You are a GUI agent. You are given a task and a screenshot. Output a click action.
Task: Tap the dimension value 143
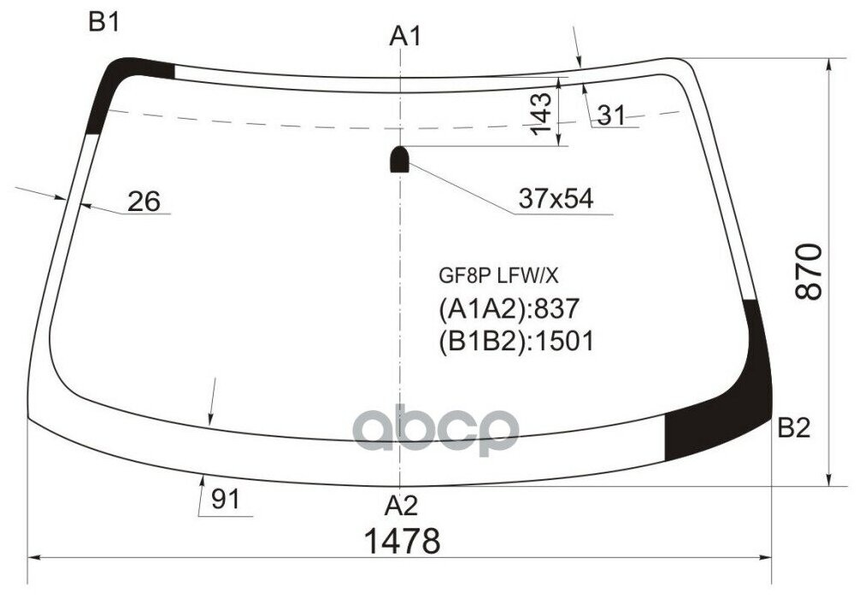tap(539, 113)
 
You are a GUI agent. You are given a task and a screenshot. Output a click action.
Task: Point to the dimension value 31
tap(611, 115)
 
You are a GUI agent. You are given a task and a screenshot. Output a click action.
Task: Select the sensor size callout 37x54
tap(555, 199)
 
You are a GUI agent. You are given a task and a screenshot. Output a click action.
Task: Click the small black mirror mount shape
tap(399, 159)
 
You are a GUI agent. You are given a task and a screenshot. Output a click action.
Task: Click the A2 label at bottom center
tap(401, 506)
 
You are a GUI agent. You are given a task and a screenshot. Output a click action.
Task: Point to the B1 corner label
tap(103, 23)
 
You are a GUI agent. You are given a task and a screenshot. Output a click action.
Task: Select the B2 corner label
tap(793, 428)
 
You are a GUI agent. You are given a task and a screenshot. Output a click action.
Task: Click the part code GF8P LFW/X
tap(497, 275)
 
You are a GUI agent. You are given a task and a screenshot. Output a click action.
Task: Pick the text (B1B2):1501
tap(515, 341)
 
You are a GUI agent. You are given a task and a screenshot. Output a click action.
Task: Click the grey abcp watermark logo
tap(436, 430)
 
